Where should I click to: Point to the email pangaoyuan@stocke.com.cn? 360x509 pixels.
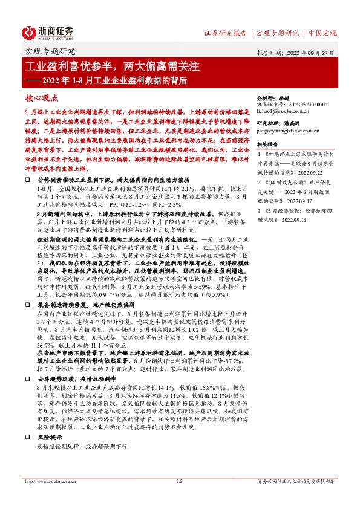click(287, 130)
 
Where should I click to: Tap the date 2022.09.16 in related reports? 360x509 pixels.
click(295, 220)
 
